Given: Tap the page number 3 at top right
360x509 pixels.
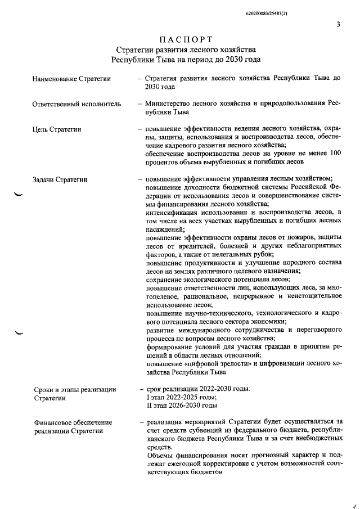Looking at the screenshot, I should pos(338,24).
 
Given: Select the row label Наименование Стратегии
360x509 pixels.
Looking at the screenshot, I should pos(71,79).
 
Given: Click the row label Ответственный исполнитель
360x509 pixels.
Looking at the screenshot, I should pos(76,104).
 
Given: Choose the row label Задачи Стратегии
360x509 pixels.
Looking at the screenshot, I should pos(60,180).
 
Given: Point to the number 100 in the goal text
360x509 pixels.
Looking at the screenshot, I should pos(335,154).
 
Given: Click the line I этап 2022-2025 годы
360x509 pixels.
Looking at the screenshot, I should pos(181,397).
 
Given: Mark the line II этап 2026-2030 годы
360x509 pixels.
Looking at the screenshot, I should pos(182,406).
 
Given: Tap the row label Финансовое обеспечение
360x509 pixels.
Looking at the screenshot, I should pos(73,422).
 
